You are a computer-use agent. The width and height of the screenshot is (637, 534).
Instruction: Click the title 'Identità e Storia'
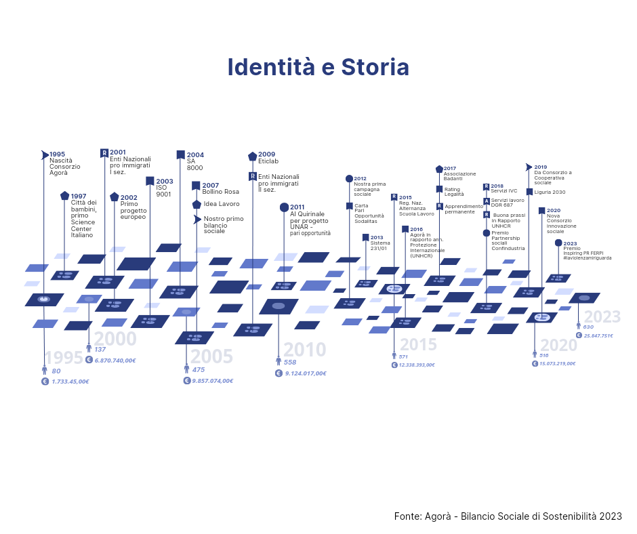(x=318, y=68)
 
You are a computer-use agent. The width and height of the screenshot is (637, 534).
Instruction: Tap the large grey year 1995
(x=63, y=358)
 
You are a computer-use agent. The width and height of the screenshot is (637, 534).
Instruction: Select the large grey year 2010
(x=304, y=350)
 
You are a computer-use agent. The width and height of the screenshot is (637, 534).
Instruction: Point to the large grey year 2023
(x=602, y=317)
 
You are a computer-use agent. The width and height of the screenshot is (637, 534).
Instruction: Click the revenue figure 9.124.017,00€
(x=306, y=373)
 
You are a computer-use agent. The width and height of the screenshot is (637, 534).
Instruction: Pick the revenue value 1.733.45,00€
(x=70, y=382)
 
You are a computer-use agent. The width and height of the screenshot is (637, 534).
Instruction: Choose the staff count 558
(x=290, y=363)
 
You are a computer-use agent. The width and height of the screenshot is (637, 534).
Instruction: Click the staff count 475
(x=199, y=370)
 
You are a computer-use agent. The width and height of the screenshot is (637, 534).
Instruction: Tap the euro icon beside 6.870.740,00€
(x=89, y=360)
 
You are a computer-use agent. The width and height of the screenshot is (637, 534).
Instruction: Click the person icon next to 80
(x=45, y=371)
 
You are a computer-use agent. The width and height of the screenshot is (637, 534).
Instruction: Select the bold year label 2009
(x=266, y=155)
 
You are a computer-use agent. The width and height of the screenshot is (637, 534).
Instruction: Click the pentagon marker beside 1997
(x=64, y=196)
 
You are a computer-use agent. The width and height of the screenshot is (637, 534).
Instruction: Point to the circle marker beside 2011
(x=284, y=207)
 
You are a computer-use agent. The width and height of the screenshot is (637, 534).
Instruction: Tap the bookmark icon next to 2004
(x=180, y=155)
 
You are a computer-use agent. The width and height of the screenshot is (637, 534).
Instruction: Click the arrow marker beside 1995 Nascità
(x=45, y=155)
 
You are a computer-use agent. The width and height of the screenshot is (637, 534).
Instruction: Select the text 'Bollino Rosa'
(x=220, y=192)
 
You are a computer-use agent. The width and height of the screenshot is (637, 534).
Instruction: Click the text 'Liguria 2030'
(x=550, y=192)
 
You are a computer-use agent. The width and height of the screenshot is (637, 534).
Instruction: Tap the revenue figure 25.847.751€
(x=598, y=335)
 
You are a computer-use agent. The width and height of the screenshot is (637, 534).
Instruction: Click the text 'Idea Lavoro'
(x=222, y=204)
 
